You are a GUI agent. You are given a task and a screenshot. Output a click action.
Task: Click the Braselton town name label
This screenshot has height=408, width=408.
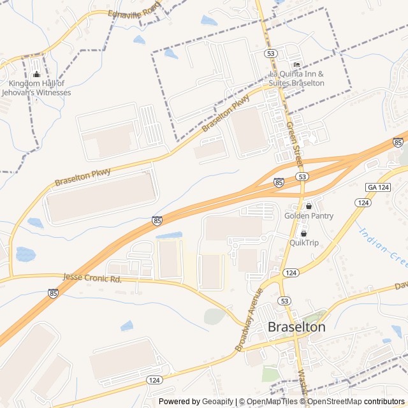[296, 327]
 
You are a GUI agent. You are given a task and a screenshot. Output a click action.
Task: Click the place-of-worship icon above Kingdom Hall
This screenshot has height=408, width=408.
[36, 75]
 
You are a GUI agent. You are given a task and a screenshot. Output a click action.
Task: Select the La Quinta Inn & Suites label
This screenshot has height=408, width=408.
[296, 78]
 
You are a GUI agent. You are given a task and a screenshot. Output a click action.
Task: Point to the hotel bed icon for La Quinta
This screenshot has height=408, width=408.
[296, 65]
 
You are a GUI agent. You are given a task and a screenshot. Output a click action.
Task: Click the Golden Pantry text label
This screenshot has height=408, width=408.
[309, 215]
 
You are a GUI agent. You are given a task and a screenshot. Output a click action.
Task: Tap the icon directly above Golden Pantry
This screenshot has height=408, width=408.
[309, 206]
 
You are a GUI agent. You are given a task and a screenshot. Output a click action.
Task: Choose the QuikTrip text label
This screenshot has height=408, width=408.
[303, 242]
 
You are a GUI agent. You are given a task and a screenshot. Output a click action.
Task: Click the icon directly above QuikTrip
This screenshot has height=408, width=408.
[303, 233]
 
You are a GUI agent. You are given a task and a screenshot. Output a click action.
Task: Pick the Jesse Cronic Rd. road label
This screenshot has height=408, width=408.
[93, 279]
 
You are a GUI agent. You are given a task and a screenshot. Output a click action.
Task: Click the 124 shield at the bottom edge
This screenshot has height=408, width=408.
[154, 379]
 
